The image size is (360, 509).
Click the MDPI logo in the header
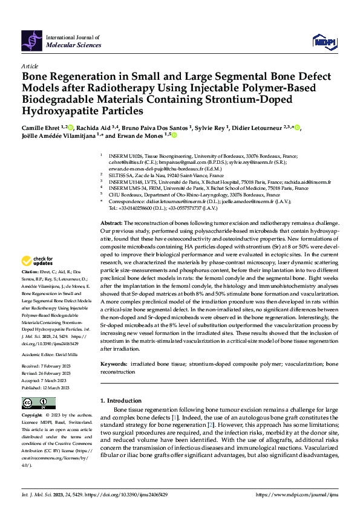point(323,41)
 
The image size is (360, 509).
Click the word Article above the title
point(30,66)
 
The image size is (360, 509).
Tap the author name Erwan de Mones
point(145,136)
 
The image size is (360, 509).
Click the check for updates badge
point(38,261)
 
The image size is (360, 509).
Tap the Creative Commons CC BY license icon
point(38,403)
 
